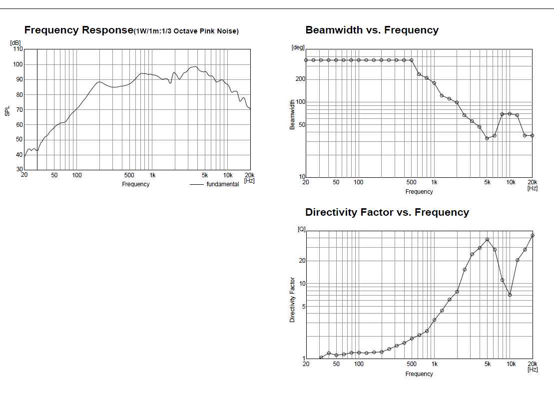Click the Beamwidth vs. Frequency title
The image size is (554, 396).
coord(372,30)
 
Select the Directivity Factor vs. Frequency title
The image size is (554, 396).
coord(387,212)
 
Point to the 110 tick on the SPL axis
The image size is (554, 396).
coord(17,49)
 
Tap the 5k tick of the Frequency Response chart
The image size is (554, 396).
coord(205,175)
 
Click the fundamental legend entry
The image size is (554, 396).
coord(222,184)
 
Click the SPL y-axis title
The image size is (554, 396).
coord(7,110)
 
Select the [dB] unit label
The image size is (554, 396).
coord(15,42)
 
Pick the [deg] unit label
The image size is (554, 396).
coord(298,47)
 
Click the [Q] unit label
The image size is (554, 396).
coord(301,229)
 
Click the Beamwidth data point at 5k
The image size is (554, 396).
coord(487,138)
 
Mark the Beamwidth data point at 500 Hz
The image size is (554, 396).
coord(412,60)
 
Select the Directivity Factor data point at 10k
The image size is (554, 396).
coord(510,295)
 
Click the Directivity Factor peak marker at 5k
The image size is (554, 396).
coord(487,240)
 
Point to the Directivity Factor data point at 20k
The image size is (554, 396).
coord(533,235)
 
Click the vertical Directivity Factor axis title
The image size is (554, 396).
coord(293,300)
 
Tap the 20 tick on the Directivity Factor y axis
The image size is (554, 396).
coord(302,261)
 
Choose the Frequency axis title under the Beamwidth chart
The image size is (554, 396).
coord(419,192)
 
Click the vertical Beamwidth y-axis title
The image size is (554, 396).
coord(293,114)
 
